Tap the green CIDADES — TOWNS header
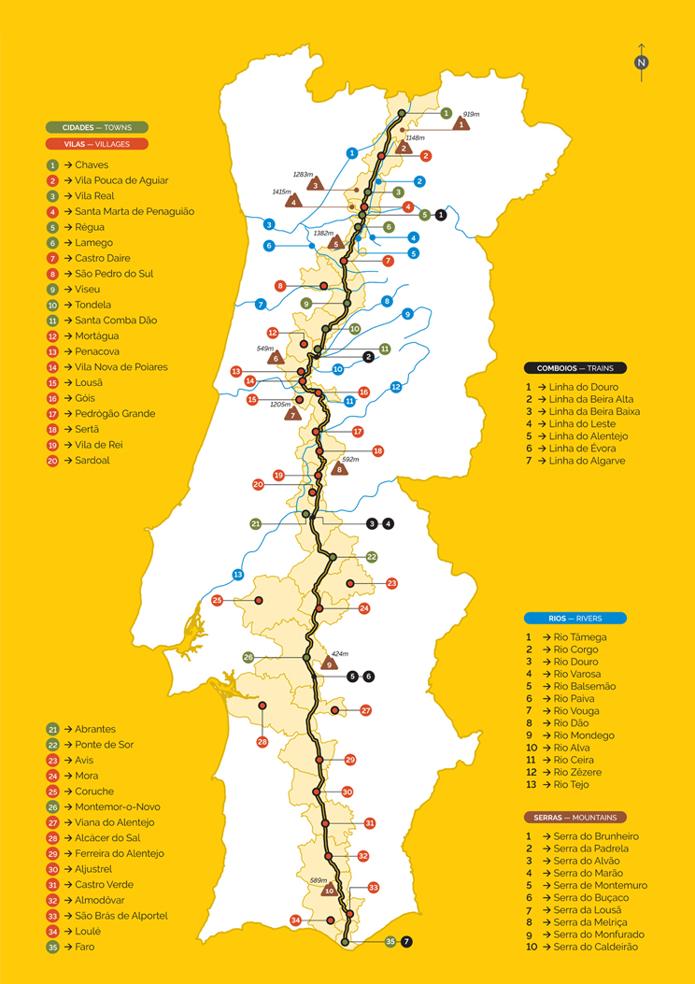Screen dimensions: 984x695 point(97,127)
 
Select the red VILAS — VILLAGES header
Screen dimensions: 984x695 point(96,144)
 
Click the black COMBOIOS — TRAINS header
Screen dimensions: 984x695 point(574,368)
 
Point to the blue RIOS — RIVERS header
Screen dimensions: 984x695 point(574,618)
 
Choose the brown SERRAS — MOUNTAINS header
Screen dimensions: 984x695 point(574,817)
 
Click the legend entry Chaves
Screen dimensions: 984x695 point(92,165)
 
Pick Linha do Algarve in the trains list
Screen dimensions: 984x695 point(587,461)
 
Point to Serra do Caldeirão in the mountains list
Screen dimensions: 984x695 point(594,947)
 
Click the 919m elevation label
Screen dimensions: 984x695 point(471,114)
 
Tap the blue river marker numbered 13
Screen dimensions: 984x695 point(238,575)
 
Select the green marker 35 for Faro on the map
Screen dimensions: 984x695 point(390,942)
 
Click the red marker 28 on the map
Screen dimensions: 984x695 point(262,742)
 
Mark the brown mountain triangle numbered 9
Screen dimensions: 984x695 point(328,664)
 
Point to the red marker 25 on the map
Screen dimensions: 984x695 point(217,600)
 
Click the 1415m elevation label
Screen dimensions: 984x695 point(281,192)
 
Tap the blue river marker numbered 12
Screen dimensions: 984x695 point(396,386)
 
